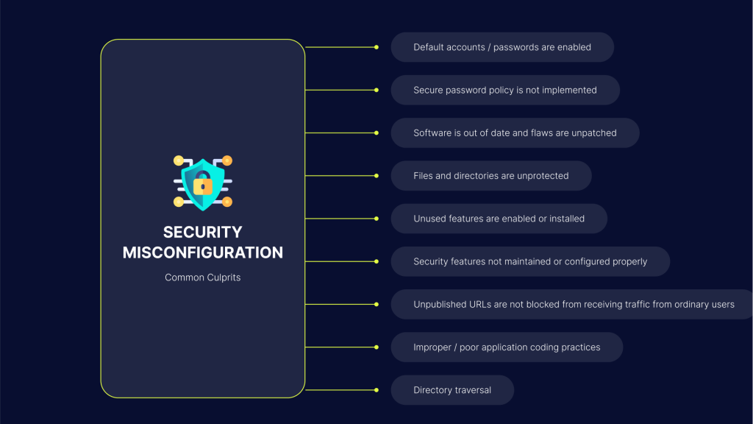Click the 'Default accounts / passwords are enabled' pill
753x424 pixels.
click(x=502, y=47)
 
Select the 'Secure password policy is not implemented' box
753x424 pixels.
click(x=505, y=90)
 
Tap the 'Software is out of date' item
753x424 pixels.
click(x=515, y=133)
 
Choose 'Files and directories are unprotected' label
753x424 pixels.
click(x=491, y=176)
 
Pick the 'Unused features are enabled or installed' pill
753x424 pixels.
click(x=499, y=219)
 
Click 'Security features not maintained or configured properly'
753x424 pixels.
click(x=530, y=261)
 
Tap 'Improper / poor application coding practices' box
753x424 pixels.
click(x=507, y=347)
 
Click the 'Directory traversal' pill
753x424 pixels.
click(x=452, y=390)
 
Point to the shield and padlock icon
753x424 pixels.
click(x=202, y=183)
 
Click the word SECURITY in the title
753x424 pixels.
click(x=202, y=232)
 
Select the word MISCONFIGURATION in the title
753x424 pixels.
click(x=202, y=252)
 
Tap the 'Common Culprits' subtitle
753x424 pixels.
click(x=202, y=278)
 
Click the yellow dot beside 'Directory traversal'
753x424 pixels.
click(x=376, y=390)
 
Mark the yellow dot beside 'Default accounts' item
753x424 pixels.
click(x=376, y=47)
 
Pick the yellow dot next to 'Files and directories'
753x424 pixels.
click(x=376, y=176)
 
